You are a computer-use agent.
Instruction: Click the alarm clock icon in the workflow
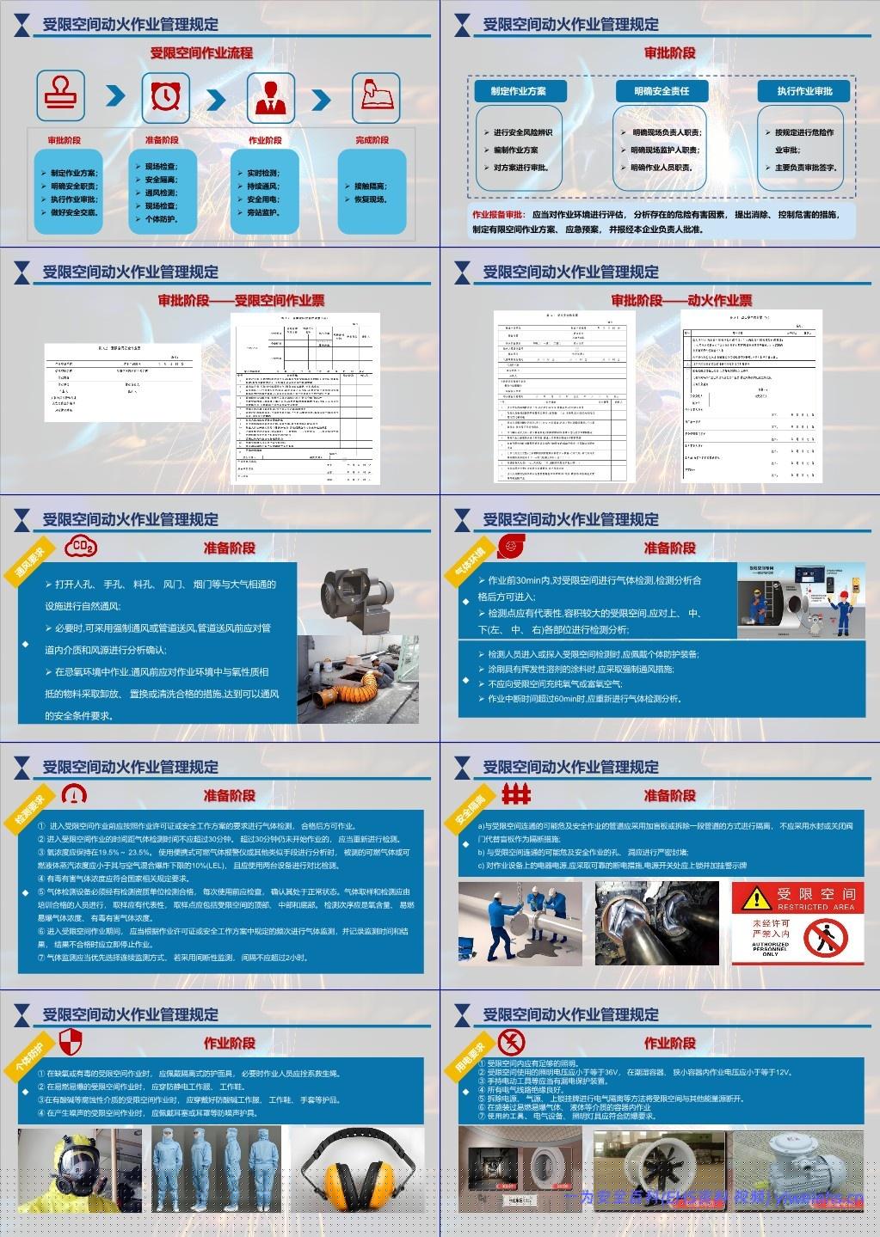click(x=164, y=95)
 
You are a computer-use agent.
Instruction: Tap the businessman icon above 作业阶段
click(x=270, y=95)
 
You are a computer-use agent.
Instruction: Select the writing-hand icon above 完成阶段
click(x=375, y=95)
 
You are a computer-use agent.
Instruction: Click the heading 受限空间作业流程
click(x=201, y=53)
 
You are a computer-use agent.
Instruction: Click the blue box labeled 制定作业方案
click(x=518, y=90)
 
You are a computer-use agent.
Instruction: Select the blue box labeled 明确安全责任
click(x=661, y=90)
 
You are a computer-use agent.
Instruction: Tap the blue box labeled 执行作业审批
click(x=804, y=90)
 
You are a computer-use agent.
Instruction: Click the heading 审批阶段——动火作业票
click(x=681, y=300)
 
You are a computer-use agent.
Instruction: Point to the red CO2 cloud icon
click(x=82, y=547)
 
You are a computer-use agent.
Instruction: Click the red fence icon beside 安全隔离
click(x=516, y=793)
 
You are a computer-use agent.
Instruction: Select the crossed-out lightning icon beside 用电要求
click(x=512, y=1041)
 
